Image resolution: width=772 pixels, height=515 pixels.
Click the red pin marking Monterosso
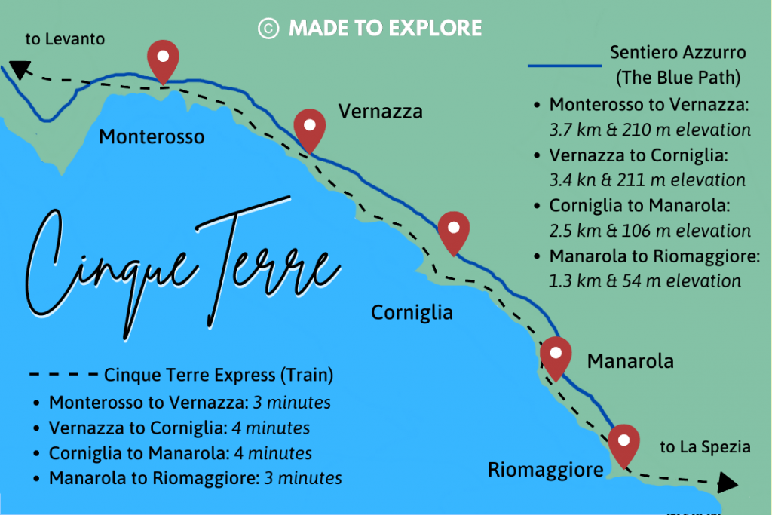point(162,59)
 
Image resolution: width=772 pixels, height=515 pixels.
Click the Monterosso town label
point(152,136)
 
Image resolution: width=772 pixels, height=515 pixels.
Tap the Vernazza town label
point(380,112)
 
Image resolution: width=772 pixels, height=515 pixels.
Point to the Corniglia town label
point(412,312)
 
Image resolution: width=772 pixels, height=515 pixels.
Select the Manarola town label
point(630,361)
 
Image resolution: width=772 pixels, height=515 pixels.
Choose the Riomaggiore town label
point(546,470)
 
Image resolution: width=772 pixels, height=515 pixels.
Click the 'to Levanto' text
point(65,38)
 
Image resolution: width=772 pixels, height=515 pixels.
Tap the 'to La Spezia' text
point(705,447)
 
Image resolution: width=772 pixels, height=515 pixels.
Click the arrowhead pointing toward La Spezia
point(728,483)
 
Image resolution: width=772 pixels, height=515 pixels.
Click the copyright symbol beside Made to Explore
point(268,29)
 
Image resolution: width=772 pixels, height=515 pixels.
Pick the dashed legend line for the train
point(63,375)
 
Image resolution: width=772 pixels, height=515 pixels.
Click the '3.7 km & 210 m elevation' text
point(650,130)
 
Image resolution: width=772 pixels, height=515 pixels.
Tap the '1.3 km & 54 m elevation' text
point(645,281)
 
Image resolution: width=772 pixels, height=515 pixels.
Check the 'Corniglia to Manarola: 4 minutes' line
point(180,453)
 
